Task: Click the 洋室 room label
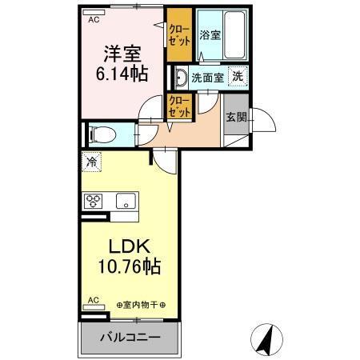(x=122, y=54)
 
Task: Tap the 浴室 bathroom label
(x=210, y=35)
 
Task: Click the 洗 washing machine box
(x=238, y=78)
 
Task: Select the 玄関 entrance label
(x=237, y=118)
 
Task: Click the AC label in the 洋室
(x=94, y=19)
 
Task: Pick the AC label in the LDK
(x=93, y=302)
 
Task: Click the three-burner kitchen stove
(x=92, y=201)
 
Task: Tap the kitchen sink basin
(x=124, y=201)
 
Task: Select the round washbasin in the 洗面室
(x=179, y=78)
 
